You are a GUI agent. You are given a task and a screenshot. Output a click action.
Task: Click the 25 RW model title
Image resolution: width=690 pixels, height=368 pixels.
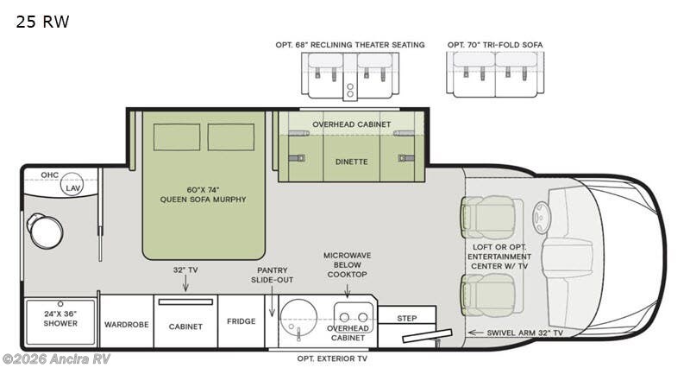[x=41, y=22]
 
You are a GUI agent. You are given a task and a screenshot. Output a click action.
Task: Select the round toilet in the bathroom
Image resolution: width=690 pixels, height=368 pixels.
[x=44, y=231]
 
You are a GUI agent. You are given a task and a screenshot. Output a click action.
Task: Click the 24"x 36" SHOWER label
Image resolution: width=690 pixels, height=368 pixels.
[x=60, y=318]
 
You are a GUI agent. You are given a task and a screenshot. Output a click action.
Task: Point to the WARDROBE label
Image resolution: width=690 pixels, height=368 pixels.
[x=127, y=325]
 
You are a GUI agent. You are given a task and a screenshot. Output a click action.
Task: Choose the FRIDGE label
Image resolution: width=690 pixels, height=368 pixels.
[x=241, y=321]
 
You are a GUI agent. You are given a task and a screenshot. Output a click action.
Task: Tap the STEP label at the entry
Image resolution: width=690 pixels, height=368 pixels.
[x=407, y=318]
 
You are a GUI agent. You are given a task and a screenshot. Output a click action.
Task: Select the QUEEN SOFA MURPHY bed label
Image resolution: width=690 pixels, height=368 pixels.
[x=204, y=194]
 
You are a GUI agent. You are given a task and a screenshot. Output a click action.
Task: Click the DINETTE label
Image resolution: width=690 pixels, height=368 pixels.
[x=351, y=162]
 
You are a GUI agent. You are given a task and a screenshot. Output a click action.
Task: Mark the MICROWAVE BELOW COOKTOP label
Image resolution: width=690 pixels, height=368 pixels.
[x=347, y=264]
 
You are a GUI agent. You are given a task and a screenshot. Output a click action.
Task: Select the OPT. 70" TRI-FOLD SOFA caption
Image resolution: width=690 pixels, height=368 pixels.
[x=494, y=44]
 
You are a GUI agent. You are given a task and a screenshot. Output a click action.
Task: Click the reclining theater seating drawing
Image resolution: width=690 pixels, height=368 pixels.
[x=350, y=73]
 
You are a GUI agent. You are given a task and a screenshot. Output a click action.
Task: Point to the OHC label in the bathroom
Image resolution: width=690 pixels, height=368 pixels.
[x=50, y=175]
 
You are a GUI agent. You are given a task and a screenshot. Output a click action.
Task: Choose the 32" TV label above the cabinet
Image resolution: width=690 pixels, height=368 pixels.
[x=185, y=270]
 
